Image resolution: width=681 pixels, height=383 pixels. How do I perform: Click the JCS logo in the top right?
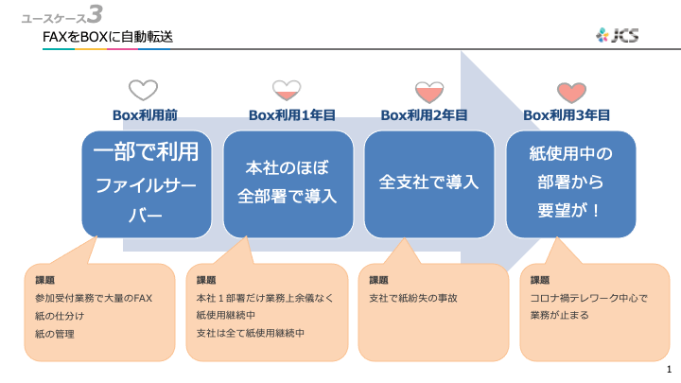tap(617, 35)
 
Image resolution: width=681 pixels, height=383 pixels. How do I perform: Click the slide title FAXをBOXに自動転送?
tap(108, 37)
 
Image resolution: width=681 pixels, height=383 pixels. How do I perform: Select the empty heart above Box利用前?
tap(143, 91)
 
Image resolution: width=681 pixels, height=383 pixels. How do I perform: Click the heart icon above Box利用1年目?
tap(286, 91)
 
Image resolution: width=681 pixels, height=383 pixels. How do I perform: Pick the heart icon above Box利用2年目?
tap(428, 91)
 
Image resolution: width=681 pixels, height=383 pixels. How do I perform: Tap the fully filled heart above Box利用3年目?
tap(570, 91)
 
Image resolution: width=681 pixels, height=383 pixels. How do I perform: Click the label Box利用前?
tap(145, 115)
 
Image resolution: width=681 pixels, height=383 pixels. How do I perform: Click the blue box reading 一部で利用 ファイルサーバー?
tap(146, 183)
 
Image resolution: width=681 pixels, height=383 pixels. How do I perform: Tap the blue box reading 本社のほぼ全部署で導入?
tap(288, 183)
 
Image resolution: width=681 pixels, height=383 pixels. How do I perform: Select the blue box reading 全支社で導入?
tap(428, 183)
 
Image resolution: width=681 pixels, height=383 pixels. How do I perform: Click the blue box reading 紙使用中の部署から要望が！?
tap(570, 183)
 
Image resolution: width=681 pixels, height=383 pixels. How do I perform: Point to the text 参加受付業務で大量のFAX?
tap(93, 298)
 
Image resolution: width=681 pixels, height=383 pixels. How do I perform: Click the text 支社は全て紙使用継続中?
tap(250, 333)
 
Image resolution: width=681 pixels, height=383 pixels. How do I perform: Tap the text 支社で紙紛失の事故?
tap(412, 298)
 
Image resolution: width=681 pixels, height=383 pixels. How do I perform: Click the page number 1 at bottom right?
tap(669, 368)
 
